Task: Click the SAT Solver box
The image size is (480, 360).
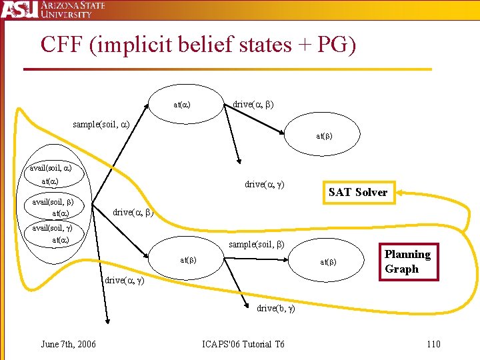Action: click(357, 192)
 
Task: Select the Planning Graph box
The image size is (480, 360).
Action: click(407, 261)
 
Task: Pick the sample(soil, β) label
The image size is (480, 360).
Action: click(257, 244)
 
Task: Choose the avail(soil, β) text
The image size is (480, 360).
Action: click(53, 201)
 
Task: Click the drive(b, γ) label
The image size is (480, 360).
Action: click(275, 308)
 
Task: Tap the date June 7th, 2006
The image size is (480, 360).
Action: click(68, 344)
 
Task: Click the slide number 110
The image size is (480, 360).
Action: click(433, 344)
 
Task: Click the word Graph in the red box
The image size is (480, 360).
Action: click(401, 269)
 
